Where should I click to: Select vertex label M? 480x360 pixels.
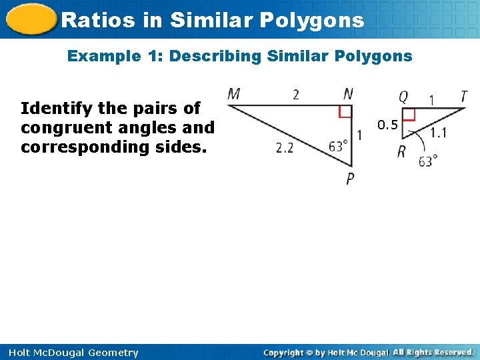[x=234, y=94]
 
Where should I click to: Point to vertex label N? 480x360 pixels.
[x=348, y=94]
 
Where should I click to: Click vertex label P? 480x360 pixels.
[x=350, y=179]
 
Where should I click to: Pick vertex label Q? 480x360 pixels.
[x=403, y=98]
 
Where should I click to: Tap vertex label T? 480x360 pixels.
[x=463, y=97]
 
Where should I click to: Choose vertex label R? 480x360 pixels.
[x=402, y=152]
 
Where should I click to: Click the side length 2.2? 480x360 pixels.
[x=285, y=148]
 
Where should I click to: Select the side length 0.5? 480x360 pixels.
[x=387, y=124]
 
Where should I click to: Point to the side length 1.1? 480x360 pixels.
[x=438, y=133]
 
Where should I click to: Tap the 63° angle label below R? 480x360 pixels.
[x=428, y=161]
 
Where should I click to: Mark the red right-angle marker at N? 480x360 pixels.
[x=345, y=111]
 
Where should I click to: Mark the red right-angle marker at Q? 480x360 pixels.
[x=409, y=115]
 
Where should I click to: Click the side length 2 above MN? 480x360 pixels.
[x=296, y=95]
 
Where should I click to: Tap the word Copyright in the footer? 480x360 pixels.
[x=284, y=353]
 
